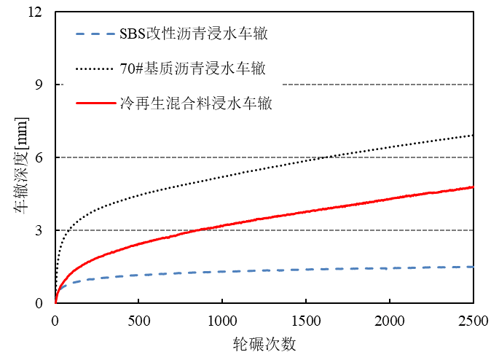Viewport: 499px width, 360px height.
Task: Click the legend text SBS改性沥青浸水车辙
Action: tap(196, 34)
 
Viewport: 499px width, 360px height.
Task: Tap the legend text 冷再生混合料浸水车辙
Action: tap(195, 103)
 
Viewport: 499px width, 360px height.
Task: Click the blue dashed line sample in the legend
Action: tap(94, 34)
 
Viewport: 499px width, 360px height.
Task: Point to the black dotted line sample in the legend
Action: tap(94, 69)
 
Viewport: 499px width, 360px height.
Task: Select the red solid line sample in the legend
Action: tap(94, 103)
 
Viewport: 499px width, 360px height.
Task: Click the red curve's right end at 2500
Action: tap(473, 187)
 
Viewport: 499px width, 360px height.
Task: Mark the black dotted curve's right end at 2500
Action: tap(473, 136)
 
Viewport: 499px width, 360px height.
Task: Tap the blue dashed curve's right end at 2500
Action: tap(473, 267)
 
